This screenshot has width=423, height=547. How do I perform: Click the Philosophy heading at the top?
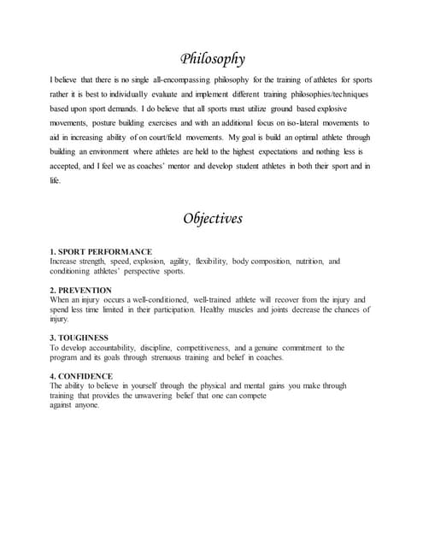tap(213, 59)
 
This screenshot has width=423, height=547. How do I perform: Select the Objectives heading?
tap(213, 218)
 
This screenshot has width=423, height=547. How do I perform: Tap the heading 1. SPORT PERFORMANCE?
tap(101, 251)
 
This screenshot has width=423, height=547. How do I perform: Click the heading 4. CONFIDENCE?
tap(81, 376)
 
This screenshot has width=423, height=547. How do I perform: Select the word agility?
tap(176, 261)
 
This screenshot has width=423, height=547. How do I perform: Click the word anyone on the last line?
tap(88, 405)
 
